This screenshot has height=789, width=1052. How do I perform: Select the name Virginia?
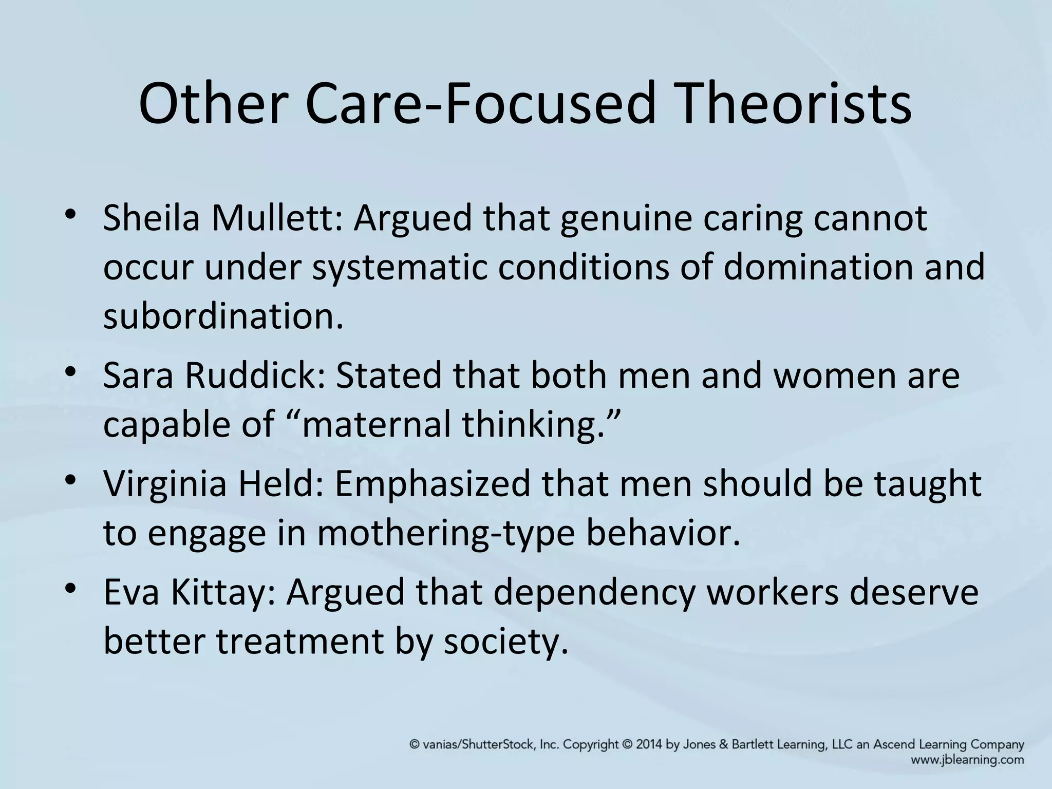click(165, 485)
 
